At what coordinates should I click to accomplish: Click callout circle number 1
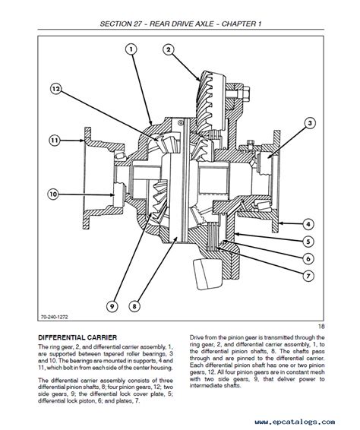point(131,49)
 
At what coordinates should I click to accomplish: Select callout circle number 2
point(169,49)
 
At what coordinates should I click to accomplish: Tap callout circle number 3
point(310,123)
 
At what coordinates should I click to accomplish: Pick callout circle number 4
point(308,224)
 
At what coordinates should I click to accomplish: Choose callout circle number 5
point(308,242)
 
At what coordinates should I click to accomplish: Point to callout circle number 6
point(308,258)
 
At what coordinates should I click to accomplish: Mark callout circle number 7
point(308,276)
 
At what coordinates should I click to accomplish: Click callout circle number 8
point(134,305)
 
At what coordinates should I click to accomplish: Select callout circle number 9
point(112,305)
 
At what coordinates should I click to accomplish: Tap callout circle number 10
point(53,194)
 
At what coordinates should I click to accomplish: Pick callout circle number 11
point(55,141)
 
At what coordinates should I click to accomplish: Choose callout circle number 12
point(56,89)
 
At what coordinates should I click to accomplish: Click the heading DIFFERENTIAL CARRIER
point(77,337)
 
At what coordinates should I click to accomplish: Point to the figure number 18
point(321,327)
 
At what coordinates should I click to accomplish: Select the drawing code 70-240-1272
point(54,317)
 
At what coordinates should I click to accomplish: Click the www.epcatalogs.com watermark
point(295,422)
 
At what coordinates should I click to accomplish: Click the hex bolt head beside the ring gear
point(246,93)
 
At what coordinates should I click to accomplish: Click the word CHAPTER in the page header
point(238,24)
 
